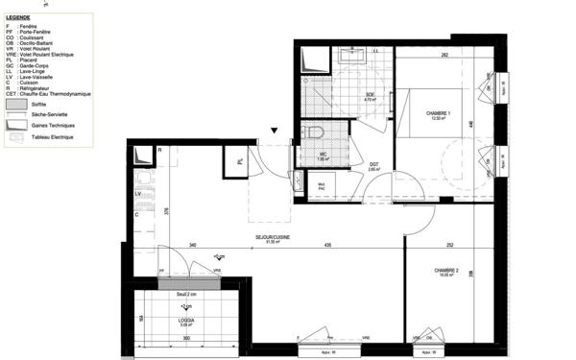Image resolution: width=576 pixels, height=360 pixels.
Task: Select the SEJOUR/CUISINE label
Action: coord(273,237)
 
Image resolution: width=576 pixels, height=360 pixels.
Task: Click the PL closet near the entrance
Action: coord(234,162)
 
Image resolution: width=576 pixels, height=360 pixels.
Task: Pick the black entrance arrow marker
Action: coord(274,132)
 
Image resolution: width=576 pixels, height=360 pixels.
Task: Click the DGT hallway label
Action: coord(374,165)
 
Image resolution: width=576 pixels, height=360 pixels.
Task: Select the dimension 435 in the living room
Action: coord(328,247)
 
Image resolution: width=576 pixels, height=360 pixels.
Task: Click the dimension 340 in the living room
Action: coord(192,247)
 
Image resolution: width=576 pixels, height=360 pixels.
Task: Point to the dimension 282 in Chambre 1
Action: coord(444,56)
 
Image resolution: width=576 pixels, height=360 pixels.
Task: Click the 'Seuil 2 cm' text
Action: coord(186,293)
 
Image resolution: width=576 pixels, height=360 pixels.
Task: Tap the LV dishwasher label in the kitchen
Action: coord(139,194)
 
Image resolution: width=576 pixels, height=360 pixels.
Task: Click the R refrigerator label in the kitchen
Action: coord(159,151)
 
